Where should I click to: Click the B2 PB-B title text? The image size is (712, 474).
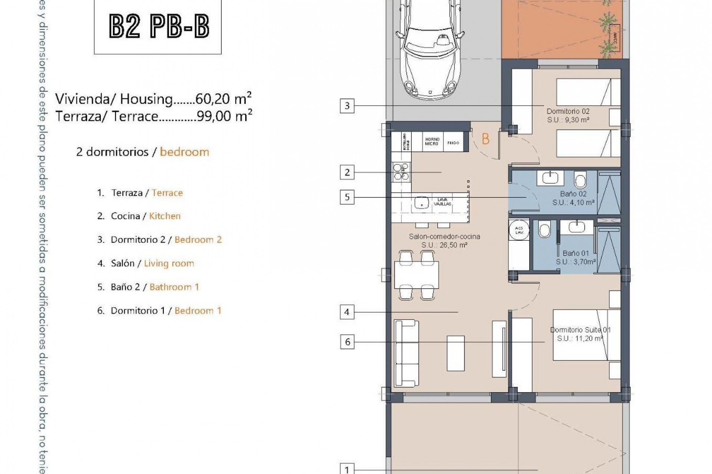(x=159, y=26)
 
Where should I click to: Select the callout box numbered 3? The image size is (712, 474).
(x=347, y=106)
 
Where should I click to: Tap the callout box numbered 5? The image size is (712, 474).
(x=347, y=197)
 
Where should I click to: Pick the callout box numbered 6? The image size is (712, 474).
(x=347, y=342)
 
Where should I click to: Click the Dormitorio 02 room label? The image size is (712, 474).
(x=568, y=111)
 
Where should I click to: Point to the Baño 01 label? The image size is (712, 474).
(x=576, y=254)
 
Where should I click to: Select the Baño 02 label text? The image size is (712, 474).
(x=573, y=194)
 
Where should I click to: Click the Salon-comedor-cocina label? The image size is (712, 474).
(x=444, y=237)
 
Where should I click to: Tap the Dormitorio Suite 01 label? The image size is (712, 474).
(x=580, y=330)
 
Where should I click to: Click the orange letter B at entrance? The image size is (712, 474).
(x=485, y=139)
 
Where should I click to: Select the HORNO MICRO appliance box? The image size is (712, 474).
(x=432, y=142)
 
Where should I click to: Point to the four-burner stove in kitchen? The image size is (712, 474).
(x=401, y=173)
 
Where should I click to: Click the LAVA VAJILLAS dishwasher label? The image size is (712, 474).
(x=442, y=202)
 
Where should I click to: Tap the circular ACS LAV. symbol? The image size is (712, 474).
(x=519, y=230)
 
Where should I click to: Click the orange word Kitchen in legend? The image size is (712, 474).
(x=165, y=216)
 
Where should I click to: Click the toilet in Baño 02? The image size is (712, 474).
(x=580, y=180)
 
